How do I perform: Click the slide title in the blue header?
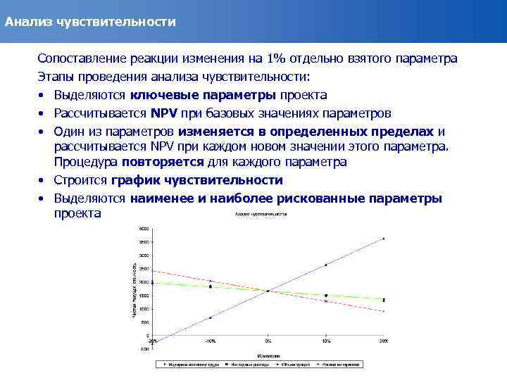click(x=90, y=22)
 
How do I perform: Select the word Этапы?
click(x=56, y=77)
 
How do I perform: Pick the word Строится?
click(x=82, y=180)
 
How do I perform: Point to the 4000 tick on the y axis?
click(x=144, y=229)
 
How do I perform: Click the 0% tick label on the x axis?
click(x=268, y=341)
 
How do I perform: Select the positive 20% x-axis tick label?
click(x=383, y=341)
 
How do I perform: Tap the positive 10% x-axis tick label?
click(x=325, y=341)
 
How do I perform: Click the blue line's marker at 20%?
click(x=383, y=239)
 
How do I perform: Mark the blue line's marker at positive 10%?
click(x=325, y=265)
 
